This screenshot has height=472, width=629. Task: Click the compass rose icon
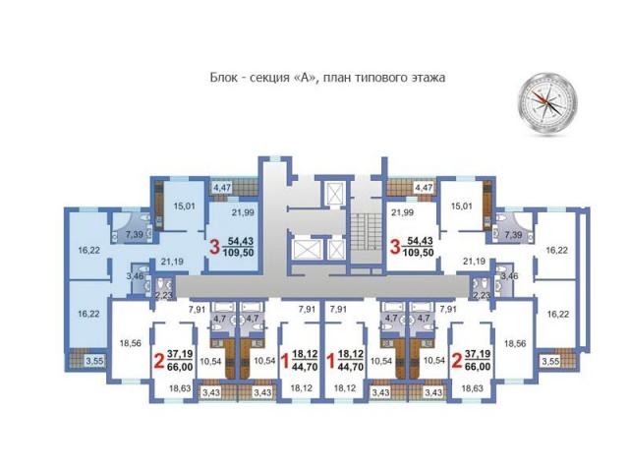(x=547, y=102)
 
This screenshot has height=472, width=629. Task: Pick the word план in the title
(x=336, y=78)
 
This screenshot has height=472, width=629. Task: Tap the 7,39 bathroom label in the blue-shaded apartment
(x=134, y=234)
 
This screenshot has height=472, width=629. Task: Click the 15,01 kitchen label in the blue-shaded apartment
(x=184, y=206)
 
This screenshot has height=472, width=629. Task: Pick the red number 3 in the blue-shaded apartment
(x=214, y=247)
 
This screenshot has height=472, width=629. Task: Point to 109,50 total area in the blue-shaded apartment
(x=240, y=253)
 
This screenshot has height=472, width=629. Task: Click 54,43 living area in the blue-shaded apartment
(x=241, y=241)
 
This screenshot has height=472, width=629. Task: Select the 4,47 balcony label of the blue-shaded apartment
(x=222, y=188)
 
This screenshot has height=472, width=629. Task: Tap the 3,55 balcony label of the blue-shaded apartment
(x=94, y=361)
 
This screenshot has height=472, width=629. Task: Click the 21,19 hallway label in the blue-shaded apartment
(x=172, y=262)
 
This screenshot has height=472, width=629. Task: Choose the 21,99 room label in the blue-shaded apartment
(x=243, y=212)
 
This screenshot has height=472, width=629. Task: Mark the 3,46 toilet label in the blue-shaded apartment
(x=135, y=275)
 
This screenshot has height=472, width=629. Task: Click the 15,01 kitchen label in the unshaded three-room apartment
(x=461, y=206)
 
